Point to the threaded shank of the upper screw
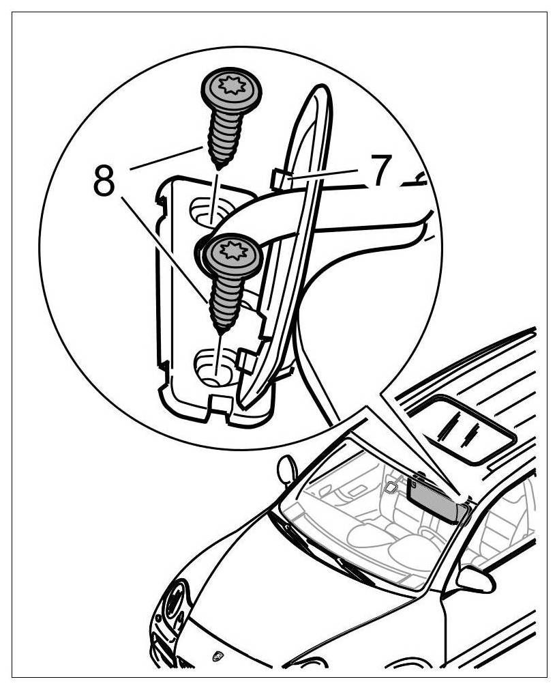(x=219, y=139)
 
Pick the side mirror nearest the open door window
(x=475, y=580)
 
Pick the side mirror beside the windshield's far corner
(x=286, y=470)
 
